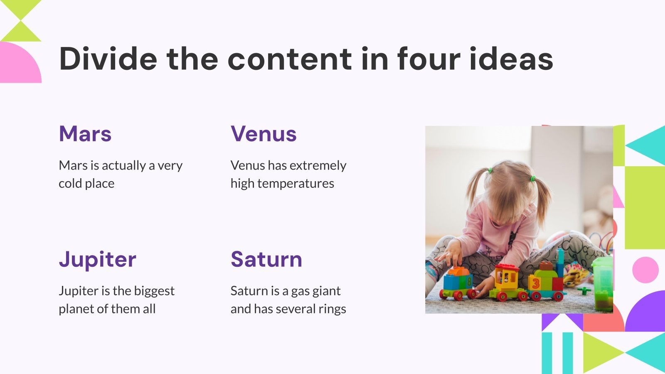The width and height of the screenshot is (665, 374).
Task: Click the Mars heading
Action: [x=85, y=134]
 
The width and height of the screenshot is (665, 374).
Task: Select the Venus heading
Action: [x=264, y=134]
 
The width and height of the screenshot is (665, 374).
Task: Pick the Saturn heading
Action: [x=266, y=259]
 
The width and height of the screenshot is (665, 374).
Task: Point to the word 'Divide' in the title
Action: [x=108, y=59]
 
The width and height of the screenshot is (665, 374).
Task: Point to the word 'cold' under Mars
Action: [x=70, y=183]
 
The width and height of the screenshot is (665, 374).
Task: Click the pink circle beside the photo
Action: [x=645, y=270]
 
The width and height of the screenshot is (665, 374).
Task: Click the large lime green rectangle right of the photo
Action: [x=645, y=208]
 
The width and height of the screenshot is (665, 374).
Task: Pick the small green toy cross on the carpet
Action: [x=584, y=290]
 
